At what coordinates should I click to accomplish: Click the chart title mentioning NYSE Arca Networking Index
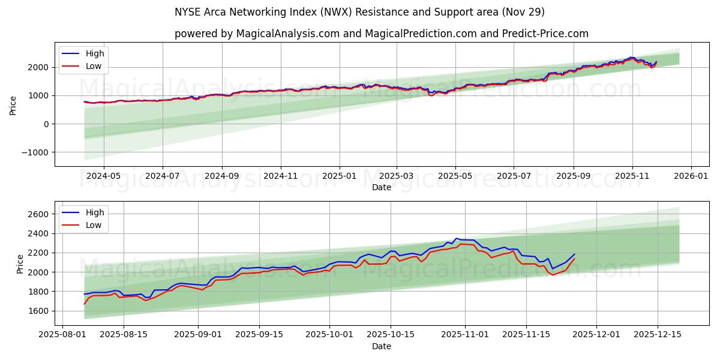pyautogui.click(x=359, y=12)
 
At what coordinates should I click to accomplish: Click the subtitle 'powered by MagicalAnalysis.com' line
pyautogui.click(x=381, y=34)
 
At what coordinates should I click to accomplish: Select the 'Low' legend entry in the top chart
pyautogui.click(x=94, y=66)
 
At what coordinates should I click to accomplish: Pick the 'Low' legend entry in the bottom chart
pyautogui.click(x=94, y=225)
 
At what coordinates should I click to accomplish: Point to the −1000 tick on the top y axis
pyautogui.click(x=35, y=152)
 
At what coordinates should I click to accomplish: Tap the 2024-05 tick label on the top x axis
pyautogui.click(x=104, y=176)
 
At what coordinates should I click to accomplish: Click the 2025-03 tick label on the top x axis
pyautogui.click(x=397, y=176)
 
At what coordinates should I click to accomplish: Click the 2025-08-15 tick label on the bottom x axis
pyautogui.click(x=124, y=335)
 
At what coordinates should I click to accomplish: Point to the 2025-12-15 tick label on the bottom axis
pyautogui.click(x=658, y=335)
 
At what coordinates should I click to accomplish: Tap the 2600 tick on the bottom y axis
pyautogui.click(x=38, y=214)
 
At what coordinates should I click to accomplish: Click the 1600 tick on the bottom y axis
pyautogui.click(x=38, y=311)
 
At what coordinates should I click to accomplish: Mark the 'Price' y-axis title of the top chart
pyautogui.click(x=13, y=104)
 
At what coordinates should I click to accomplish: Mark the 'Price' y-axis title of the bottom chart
pyautogui.click(x=20, y=263)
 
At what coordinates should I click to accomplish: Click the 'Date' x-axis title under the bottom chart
pyautogui.click(x=381, y=346)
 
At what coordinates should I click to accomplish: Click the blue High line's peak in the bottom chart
pyautogui.click(x=457, y=238)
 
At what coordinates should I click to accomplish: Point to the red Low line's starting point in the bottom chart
pyautogui.click(x=85, y=304)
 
